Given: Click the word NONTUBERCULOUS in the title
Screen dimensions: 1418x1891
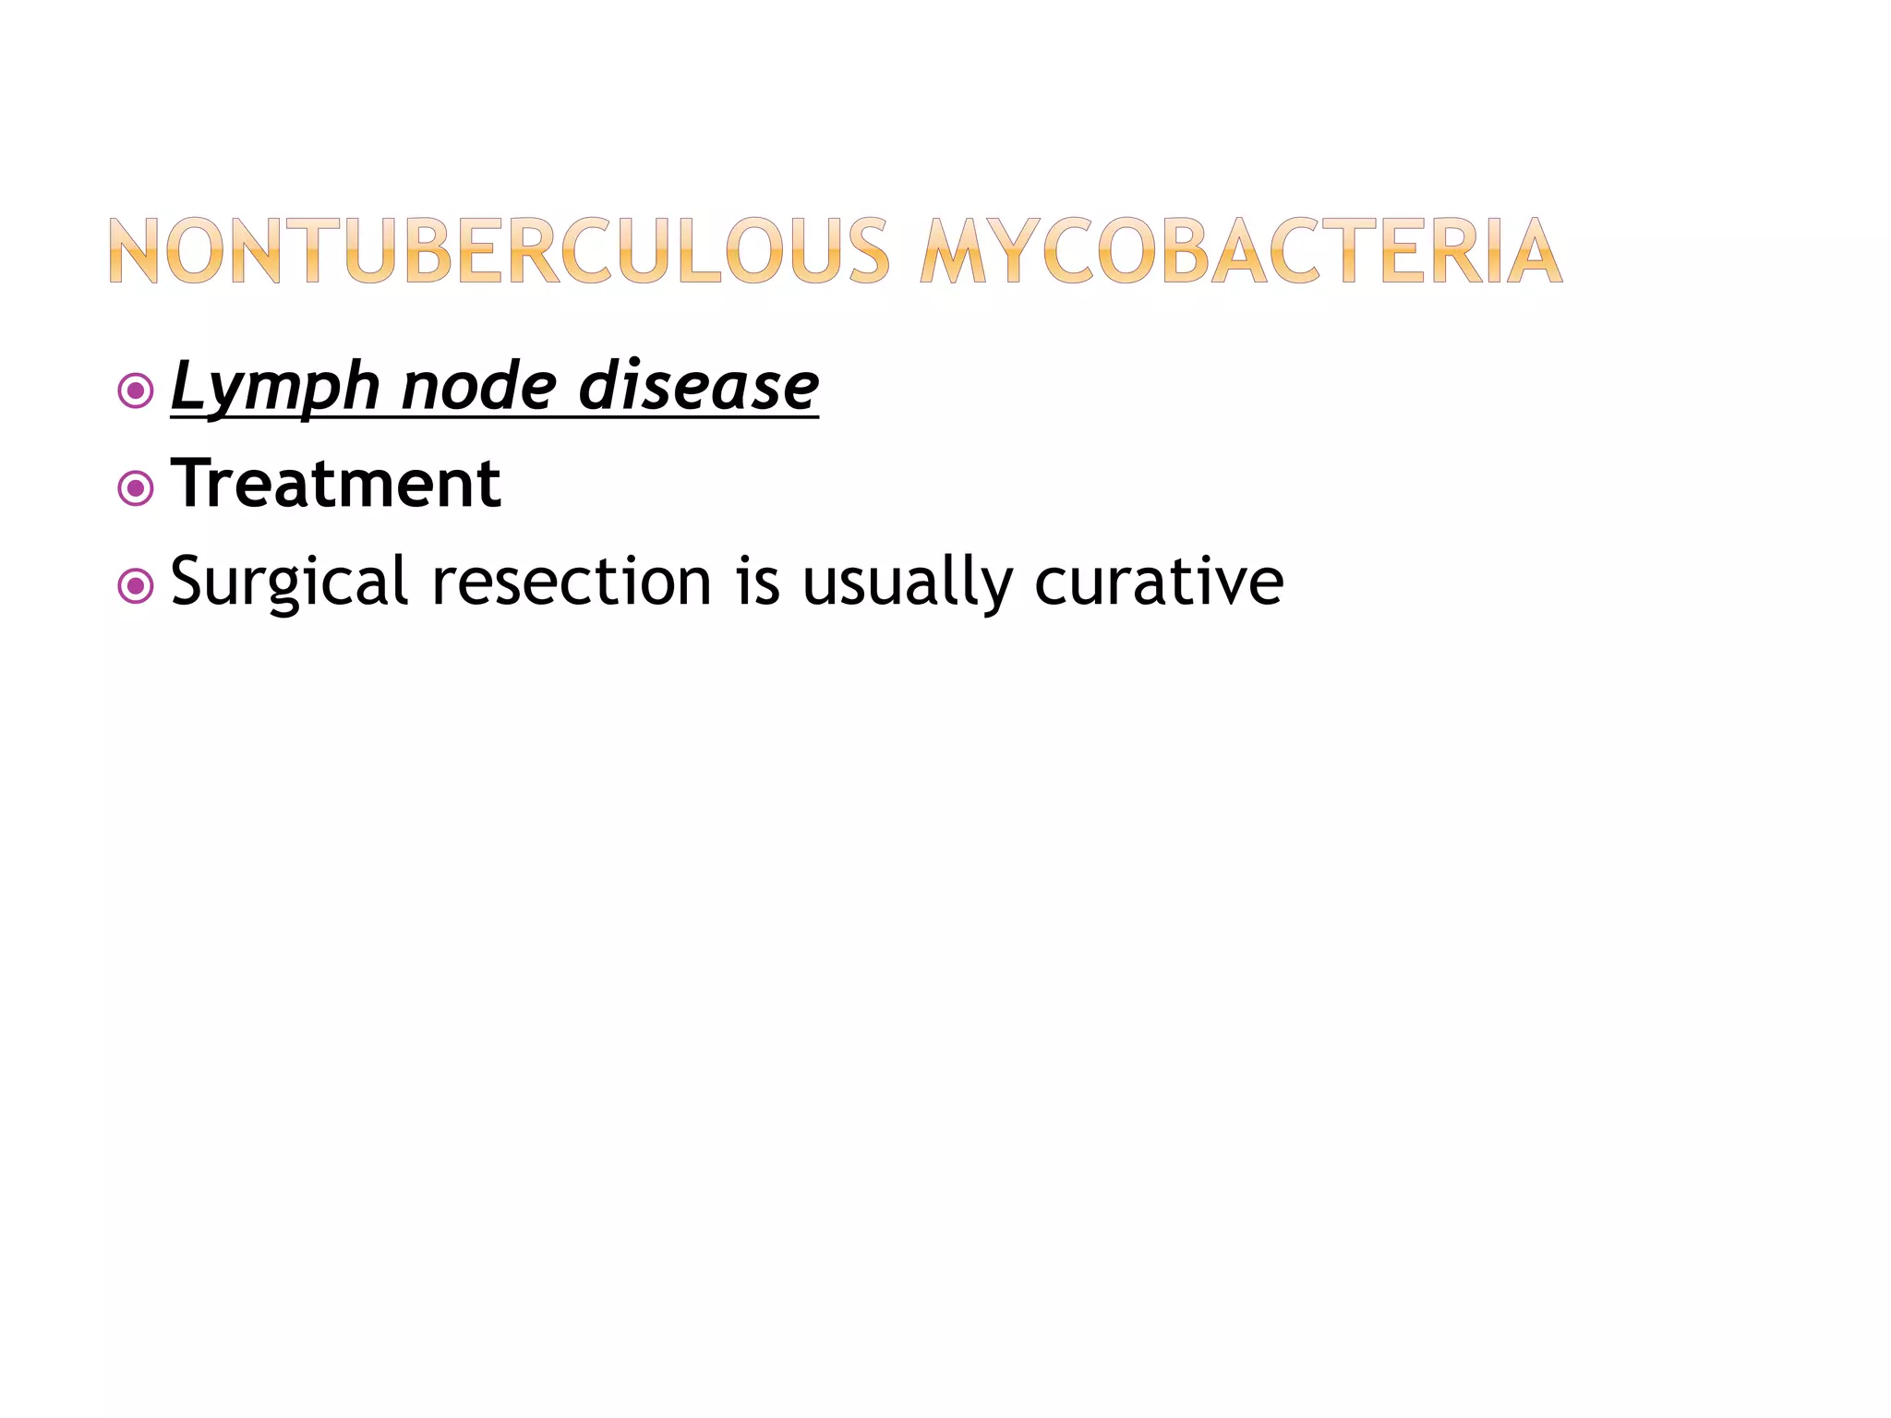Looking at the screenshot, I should point(499,250).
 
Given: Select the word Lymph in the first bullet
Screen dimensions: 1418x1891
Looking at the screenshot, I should point(275,388).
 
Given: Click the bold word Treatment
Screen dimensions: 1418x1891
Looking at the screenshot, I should point(336,484).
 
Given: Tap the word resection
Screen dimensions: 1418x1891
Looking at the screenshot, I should point(572,582).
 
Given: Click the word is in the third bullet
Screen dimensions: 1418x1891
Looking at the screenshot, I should point(757,582).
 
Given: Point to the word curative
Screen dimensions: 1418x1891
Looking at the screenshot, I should point(1159,582).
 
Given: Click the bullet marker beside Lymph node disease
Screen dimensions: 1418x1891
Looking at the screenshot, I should point(136,391).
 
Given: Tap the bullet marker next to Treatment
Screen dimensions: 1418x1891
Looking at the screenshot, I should point(136,488).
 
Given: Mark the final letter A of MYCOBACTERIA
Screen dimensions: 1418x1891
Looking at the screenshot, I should point(1533,250).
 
